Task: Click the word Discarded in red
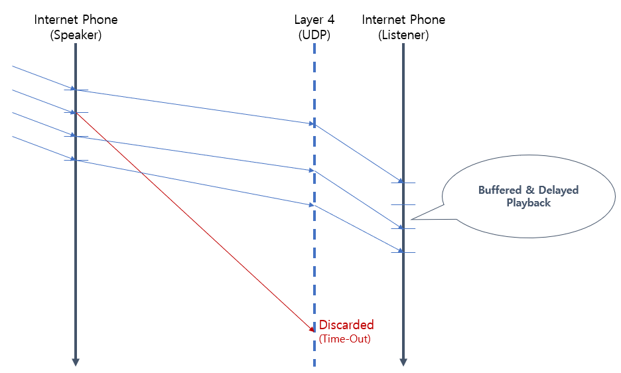coord(346,325)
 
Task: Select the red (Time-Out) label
coord(344,338)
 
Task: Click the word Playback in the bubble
coord(529,202)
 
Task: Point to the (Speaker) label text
coord(76,36)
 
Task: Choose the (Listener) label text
coord(403,36)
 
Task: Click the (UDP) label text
coord(314,36)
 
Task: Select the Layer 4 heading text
coord(314,20)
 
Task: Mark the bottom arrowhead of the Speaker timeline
coord(76,362)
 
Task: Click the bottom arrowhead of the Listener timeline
coord(403,362)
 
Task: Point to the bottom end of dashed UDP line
coord(314,364)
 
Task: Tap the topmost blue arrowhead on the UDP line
coord(311,123)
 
